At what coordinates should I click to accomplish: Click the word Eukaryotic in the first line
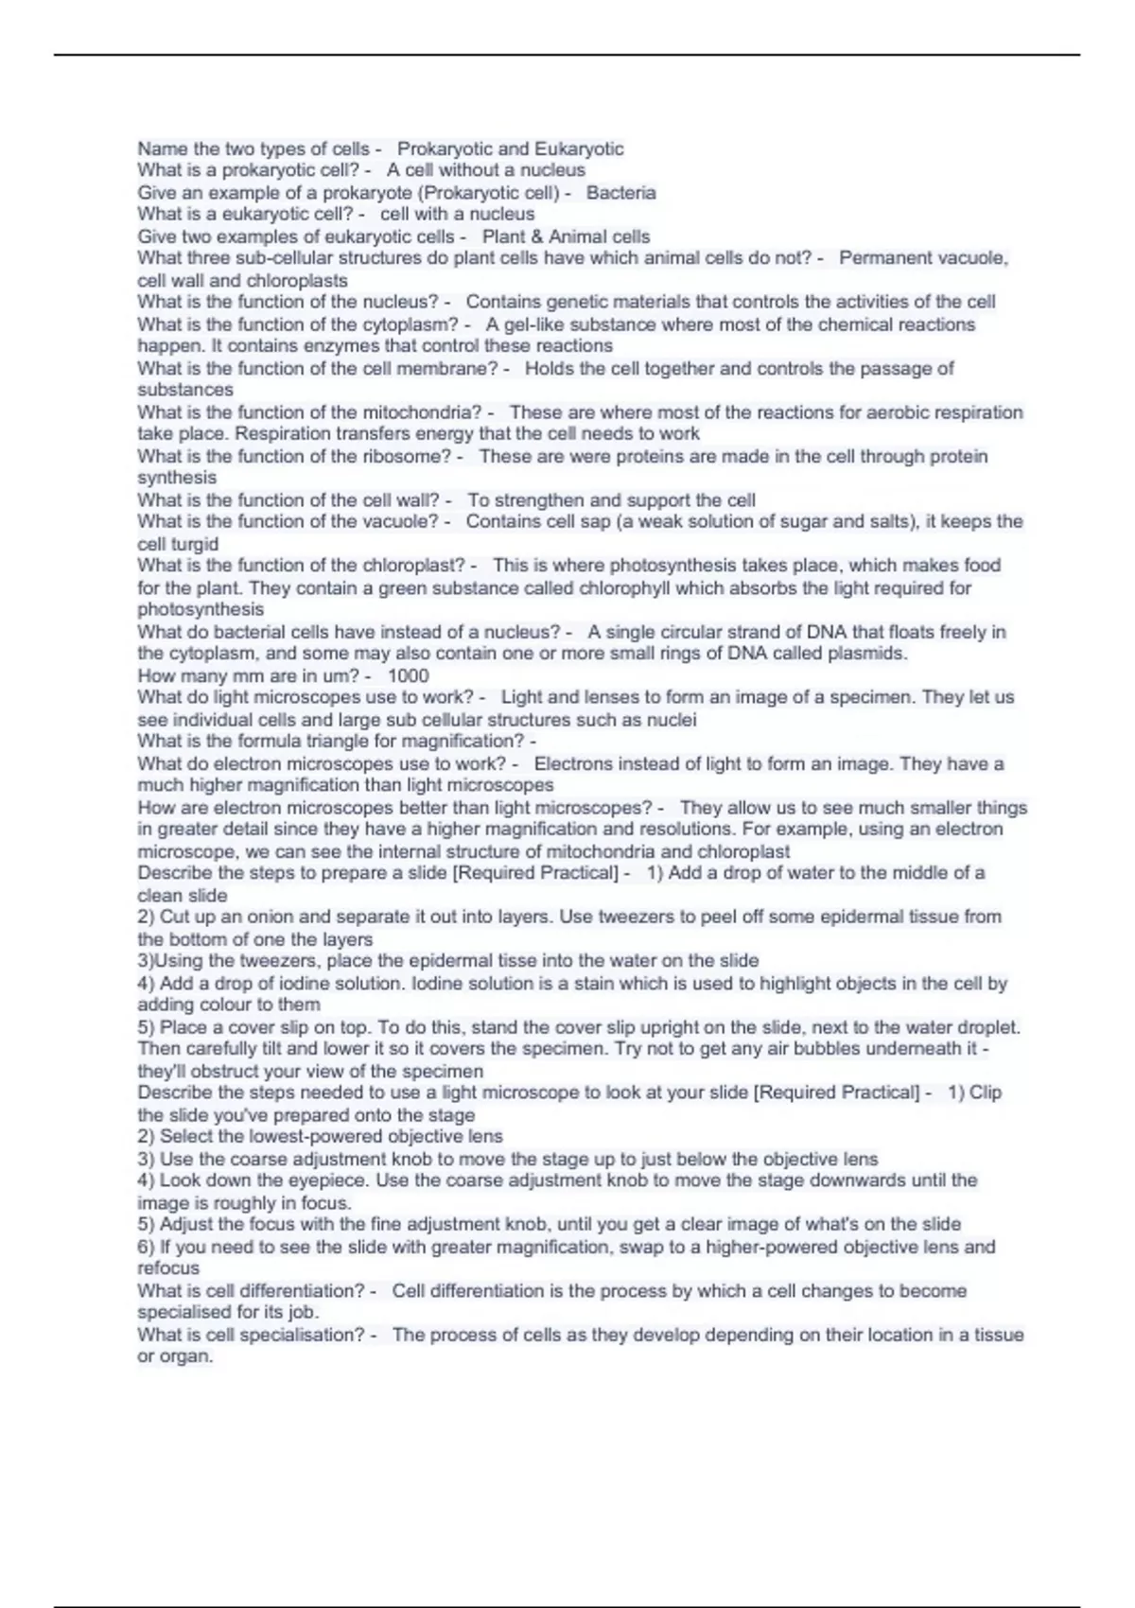(579, 149)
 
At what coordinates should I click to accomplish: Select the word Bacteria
(620, 192)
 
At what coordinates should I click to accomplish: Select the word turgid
(195, 544)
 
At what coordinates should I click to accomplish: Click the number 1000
(409, 675)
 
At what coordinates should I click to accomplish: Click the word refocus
(168, 1267)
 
